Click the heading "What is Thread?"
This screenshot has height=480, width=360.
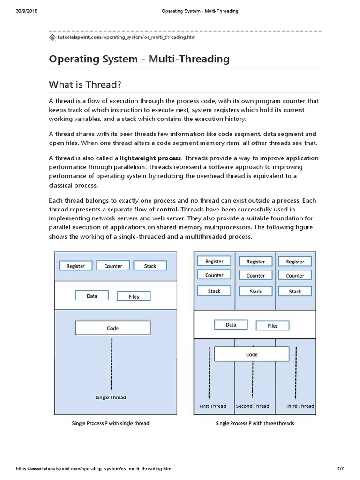(85, 84)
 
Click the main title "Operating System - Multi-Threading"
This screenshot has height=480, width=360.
(139, 59)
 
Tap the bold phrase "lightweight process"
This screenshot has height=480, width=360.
(150, 158)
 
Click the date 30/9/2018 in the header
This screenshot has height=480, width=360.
(27, 11)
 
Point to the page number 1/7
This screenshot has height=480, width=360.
(341, 469)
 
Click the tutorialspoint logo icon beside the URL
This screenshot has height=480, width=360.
(52, 37)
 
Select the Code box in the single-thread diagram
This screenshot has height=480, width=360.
(112, 328)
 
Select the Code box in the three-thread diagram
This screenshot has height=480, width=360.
(252, 355)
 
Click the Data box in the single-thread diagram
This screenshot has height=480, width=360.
(92, 296)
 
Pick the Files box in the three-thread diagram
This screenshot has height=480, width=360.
(272, 326)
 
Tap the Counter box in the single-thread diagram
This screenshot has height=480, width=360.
(113, 266)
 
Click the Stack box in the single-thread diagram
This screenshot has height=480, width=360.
(150, 266)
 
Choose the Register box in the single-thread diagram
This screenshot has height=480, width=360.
(75, 266)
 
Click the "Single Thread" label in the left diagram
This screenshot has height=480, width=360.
(111, 397)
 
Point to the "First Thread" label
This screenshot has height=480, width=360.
(212, 406)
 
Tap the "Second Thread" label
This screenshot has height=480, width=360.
(253, 406)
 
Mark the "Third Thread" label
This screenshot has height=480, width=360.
(300, 406)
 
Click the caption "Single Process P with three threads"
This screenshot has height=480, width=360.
(255, 423)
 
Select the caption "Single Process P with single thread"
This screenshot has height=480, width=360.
(111, 423)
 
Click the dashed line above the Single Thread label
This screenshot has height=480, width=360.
(111, 363)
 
